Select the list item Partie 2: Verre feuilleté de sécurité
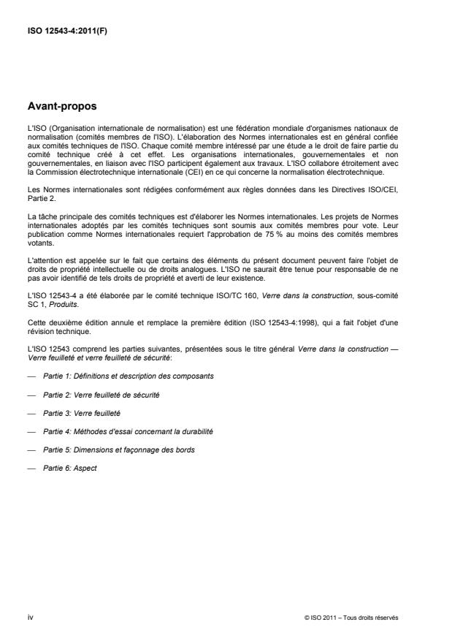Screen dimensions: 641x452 [x=101, y=394]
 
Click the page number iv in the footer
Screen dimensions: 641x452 [x=30, y=618]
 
